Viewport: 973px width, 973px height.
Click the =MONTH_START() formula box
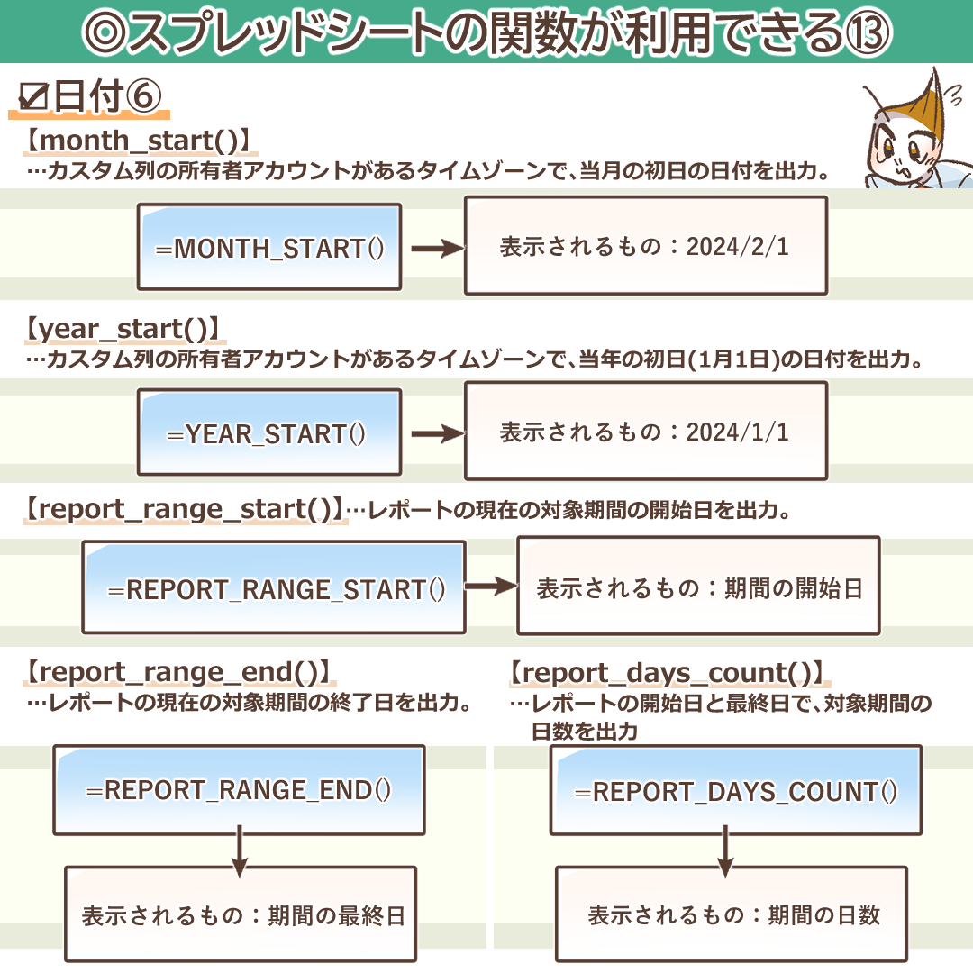point(269,248)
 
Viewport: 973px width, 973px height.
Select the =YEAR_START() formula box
point(269,432)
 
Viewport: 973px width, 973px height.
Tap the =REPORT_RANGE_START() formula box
point(274,588)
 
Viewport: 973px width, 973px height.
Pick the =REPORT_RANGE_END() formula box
point(239,790)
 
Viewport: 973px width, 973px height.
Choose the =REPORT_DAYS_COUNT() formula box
point(736,791)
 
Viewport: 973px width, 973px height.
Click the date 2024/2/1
point(738,247)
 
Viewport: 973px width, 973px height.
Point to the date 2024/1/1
point(738,432)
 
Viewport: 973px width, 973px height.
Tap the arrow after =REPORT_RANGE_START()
point(491,587)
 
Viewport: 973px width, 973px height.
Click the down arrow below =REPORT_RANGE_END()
point(239,851)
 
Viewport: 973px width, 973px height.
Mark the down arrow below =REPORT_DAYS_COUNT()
point(725,851)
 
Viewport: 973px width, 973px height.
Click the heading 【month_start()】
point(136,141)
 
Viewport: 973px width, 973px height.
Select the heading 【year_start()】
point(123,329)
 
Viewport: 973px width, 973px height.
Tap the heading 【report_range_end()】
point(177,672)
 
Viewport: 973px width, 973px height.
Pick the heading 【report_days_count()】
point(666,673)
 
